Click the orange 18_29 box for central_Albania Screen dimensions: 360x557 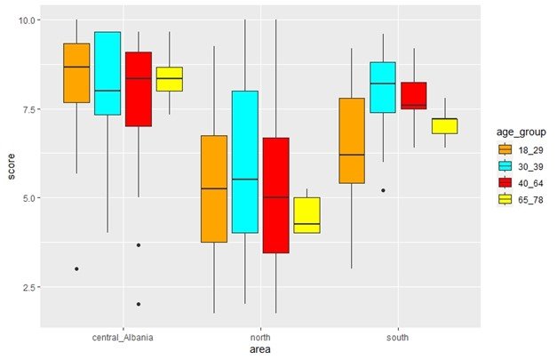[76, 73]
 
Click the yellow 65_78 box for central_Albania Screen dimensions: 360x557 [170, 79]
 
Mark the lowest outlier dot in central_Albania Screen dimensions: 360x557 [139, 304]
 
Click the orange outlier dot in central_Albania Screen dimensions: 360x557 [76, 268]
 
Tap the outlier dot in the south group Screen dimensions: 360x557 [383, 190]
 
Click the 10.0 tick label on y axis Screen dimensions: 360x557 [27, 20]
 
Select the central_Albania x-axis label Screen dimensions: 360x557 [123, 338]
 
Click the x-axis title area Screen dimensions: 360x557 [260, 351]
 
